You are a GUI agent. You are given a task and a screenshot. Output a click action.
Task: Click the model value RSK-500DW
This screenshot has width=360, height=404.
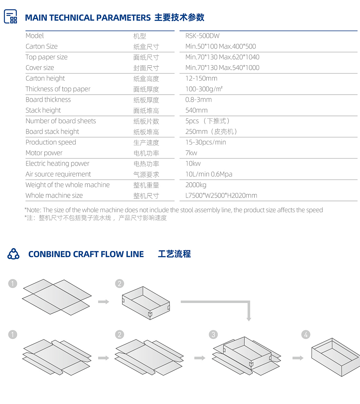pyautogui.click(x=202, y=36)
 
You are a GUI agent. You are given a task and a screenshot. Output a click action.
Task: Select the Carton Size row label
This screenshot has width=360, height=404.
pyautogui.click(x=41, y=46)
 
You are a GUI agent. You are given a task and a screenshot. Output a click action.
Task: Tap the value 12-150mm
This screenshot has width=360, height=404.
pyautogui.click(x=201, y=78)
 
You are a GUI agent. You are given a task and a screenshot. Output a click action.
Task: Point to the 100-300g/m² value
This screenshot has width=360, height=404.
pyautogui.click(x=204, y=89)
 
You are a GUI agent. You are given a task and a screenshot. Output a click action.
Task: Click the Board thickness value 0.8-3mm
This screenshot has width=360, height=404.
pyautogui.click(x=198, y=100)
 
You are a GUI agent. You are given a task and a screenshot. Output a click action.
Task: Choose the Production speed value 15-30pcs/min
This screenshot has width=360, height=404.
pyautogui.click(x=205, y=142)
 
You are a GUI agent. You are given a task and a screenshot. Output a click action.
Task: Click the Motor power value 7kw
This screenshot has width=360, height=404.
pyautogui.click(x=191, y=153)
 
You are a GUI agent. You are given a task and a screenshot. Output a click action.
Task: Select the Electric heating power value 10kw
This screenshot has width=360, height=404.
pyautogui.click(x=193, y=163)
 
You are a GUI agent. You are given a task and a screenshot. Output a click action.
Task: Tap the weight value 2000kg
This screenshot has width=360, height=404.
pyautogui.click(x=196, y=185)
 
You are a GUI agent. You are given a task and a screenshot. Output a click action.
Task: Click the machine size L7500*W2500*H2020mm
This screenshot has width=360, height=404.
pyautogui.click(x=221, y=196)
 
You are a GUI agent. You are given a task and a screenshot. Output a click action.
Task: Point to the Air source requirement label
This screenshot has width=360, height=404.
pyautogui.click(x=58, y=174)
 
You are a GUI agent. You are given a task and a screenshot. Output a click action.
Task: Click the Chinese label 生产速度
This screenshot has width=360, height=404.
pyautogui.click(x=146, y=143)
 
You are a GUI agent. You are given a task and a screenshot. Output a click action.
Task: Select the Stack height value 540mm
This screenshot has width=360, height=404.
pyautogui.click(x=196, y=110)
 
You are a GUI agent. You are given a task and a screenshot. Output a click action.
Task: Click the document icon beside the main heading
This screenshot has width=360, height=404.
pyautogui.click(x=10, y=16)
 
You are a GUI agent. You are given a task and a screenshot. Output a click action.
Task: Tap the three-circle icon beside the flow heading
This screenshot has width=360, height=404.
pyautogui.click(x=13, y=254)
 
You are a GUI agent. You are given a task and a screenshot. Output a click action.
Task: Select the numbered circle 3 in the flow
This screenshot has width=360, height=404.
pyautogui.click(x=213, y=335)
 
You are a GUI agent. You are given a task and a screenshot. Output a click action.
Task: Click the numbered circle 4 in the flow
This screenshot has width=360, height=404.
pyautogui.click(x=306, y=335)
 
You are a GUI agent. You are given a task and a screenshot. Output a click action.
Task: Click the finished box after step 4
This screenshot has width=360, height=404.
pyautogui.click(x=336, y=357)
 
